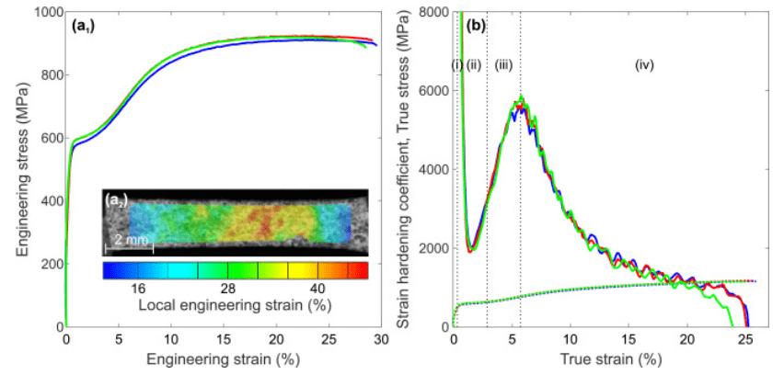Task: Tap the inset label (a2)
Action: point(121,199)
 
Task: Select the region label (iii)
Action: point(503,64)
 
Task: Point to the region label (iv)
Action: point(644,64)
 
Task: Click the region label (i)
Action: point(456,64)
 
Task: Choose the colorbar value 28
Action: point(228,289)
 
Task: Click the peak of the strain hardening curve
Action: point(522,96)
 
